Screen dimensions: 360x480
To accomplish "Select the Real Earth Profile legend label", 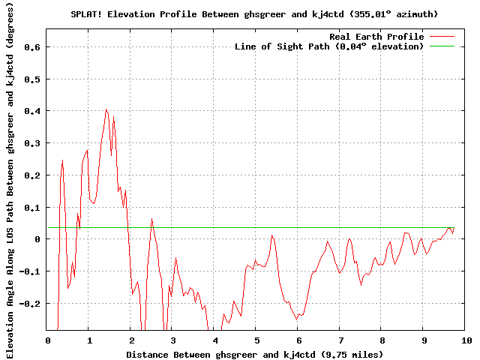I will [x=376, y=36].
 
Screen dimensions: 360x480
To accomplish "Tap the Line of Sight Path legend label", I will [x=329, y=46].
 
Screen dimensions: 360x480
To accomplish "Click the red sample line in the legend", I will [x=442, y=36].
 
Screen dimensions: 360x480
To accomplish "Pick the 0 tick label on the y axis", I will [x=37, y=239].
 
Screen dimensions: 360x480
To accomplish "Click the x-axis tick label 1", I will [x=89, y=340].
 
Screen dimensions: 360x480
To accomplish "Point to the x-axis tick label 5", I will [x=256, y=340].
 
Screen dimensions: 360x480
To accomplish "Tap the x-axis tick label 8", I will [x=382, y=340].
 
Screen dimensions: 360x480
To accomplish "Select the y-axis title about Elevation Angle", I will [x=10, y=180].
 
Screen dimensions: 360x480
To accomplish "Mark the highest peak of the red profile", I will [x=106, y=109].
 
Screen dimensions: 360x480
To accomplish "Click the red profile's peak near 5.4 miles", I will [x=272, y=235].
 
